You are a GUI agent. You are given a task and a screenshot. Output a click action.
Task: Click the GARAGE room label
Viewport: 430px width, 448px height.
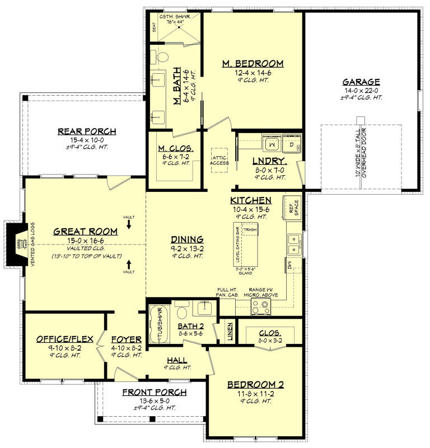click(x=361, y=82)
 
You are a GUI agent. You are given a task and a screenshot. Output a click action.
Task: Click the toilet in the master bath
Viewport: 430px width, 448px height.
click(x=162, y=56)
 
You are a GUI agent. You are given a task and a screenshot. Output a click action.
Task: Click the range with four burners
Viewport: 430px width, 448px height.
click(x=261, y=306)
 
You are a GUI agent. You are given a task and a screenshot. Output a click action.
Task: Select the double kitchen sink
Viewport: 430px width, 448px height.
click(x=293, y=243)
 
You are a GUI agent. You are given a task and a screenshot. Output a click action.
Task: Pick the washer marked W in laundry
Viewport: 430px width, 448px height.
click(x=272, y=145)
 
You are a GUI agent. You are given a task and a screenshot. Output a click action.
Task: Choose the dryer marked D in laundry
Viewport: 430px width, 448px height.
click(x=292, y=145)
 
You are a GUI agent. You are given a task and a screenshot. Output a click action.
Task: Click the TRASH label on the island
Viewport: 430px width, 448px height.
click(x=250, y=229)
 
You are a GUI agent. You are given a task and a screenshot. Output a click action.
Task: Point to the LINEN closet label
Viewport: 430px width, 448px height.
click(x=229, y=331)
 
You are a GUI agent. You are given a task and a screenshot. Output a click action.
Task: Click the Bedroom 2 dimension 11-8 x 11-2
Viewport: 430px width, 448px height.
click(x=255, y=394)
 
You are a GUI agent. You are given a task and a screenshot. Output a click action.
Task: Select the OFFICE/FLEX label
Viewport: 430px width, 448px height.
click(x=60, y=339)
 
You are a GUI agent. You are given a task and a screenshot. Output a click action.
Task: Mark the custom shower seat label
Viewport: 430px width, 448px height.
click(x=155, y=27)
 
